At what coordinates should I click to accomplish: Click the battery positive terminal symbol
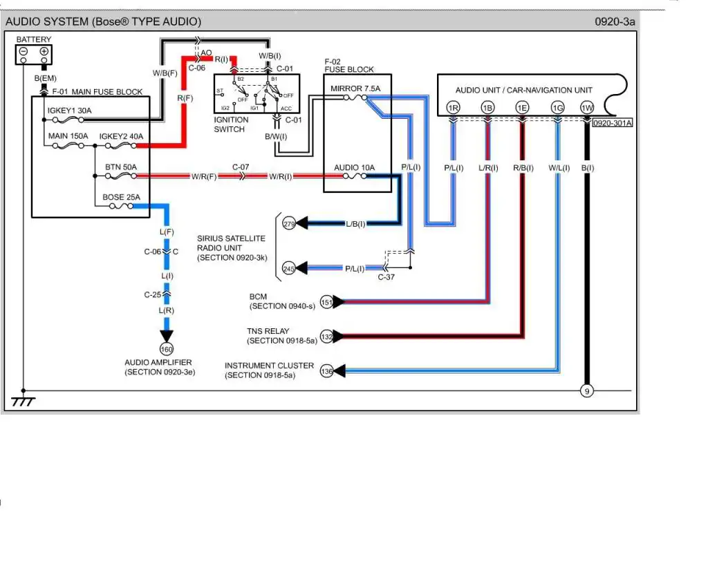(44, 52)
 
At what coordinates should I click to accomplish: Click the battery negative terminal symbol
(24, 52)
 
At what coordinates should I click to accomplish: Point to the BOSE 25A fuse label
(121, 197)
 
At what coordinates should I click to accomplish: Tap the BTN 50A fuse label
(121, 167)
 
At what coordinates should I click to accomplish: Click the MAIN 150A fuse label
(68, 136)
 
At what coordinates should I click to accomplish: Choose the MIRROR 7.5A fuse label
(355, 88)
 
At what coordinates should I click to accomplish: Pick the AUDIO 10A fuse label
(354, 167)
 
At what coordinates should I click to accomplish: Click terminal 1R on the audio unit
(453, 108)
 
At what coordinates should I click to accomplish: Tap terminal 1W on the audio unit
(586, 108)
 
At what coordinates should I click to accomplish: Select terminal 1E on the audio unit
(522, 108)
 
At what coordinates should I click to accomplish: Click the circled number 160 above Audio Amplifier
(167, 349)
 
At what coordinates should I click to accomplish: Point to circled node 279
(289, 224)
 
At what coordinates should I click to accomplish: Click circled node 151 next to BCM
(327, 302)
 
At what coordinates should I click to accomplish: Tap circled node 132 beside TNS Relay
(327, 337)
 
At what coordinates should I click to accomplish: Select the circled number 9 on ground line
(586, 391)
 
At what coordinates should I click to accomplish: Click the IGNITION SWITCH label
(231, 124)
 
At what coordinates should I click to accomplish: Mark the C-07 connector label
(241, 167)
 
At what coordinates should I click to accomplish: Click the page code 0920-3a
(614, 21)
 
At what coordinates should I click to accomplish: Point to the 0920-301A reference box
(613, 123)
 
